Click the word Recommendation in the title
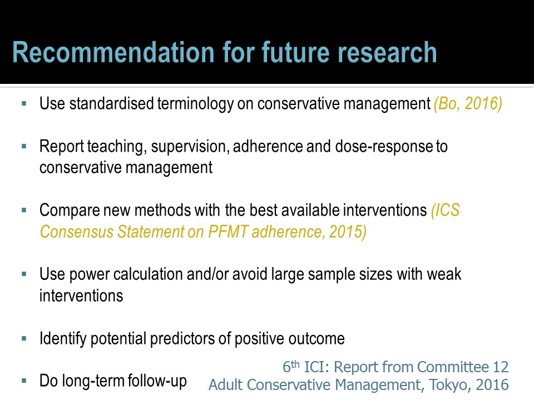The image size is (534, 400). pos(113,52)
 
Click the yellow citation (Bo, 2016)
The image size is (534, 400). pos(468,104)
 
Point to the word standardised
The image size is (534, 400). pos(111,103)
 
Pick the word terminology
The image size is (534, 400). pos(195,104)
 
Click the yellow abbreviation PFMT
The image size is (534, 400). pos(228,232)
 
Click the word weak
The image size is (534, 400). pos(444,274)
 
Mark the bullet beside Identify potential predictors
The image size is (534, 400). pos(24,338)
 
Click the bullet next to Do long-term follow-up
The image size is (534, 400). pos(24,381)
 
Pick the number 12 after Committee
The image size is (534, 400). pos(501,367)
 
